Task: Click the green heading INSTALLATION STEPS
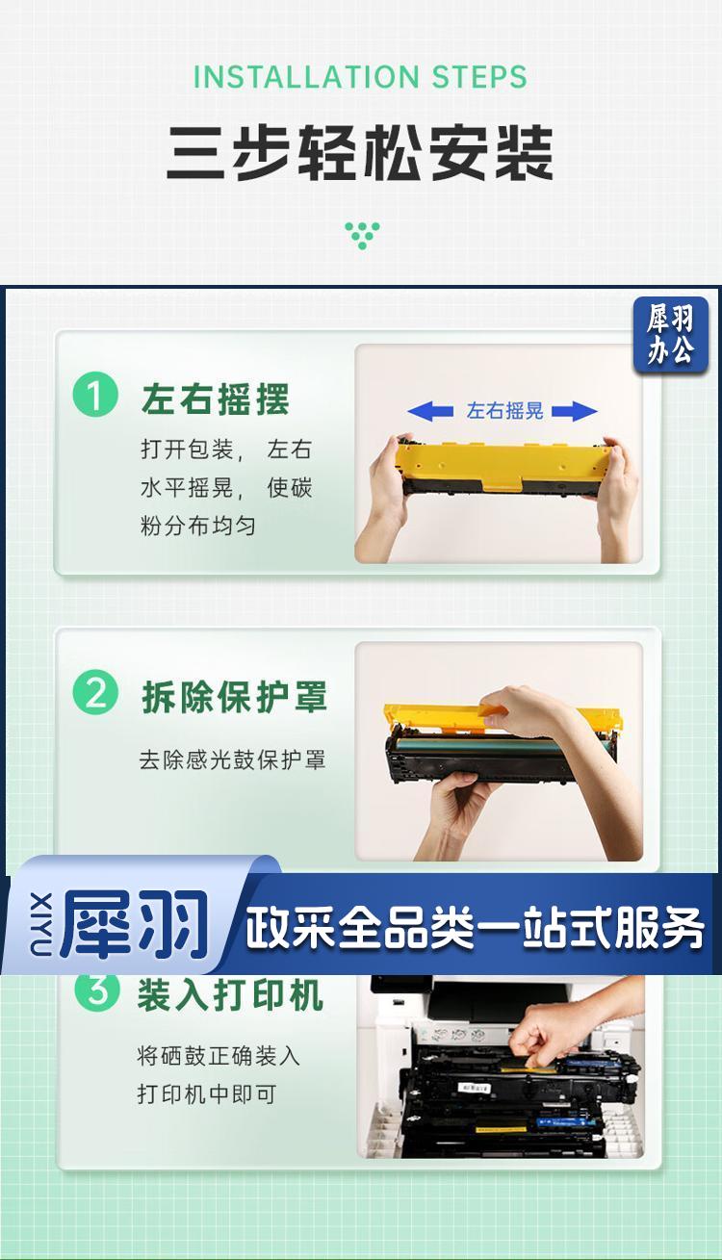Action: [x=360, y=77]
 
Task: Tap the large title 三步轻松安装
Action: [x=360, y=153]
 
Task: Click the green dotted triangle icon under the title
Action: [x=362, y=236]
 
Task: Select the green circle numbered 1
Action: [x=95, y=395]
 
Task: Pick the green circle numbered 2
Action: [x=95, y=692]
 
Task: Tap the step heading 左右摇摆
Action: [x=216, y=399]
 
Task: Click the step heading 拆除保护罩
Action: [x=235, y=696]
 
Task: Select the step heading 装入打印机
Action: [x=231, y=995]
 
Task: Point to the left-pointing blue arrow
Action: [x=430, y=411]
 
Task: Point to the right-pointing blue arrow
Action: [x=575, y=411]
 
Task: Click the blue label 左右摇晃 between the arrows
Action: [x=504, y=411]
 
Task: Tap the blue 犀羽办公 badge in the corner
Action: [x=670, y=335]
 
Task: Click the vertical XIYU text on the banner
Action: [x=41, y=923]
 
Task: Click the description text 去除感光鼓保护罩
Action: [x=232, y=759]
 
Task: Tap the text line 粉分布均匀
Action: [x=198, y=526]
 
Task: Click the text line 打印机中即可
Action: [x=207, y=1094]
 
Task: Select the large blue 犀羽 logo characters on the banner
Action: [x=135, y=923]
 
